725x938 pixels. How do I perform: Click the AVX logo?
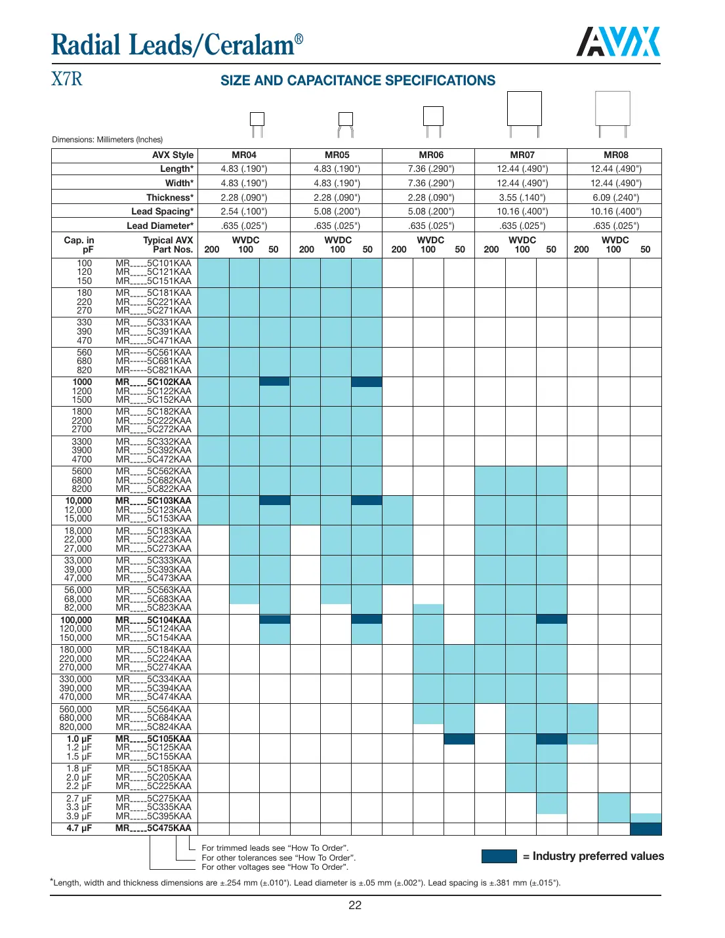coord(618,42)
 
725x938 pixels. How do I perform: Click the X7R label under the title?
coord(67,79)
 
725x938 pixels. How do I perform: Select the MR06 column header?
coord(431,155)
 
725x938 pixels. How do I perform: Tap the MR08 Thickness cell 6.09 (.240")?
coord(615,197)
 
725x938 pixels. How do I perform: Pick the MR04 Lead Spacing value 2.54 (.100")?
coord(244,211)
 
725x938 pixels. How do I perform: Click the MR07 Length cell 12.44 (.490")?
coord(522,169)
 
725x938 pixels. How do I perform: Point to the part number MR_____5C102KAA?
coord(154,382)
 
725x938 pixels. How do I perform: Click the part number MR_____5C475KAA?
coord(154,828)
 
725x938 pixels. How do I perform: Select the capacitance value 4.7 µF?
coord(79,828)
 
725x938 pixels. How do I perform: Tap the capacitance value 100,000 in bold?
coord(76,620)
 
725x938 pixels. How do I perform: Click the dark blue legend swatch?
coord(499,856)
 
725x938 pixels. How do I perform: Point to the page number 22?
coord(355,905)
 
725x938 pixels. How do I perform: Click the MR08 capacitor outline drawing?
coord(613,113)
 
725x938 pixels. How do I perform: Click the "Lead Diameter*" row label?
coord(160,226)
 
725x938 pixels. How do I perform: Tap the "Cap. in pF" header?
coord(79,245)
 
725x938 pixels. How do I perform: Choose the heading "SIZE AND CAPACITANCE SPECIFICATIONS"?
coord(358,81)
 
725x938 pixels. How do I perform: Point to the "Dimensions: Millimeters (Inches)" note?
coord(108,140)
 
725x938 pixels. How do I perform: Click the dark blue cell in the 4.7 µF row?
coord(646,828)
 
